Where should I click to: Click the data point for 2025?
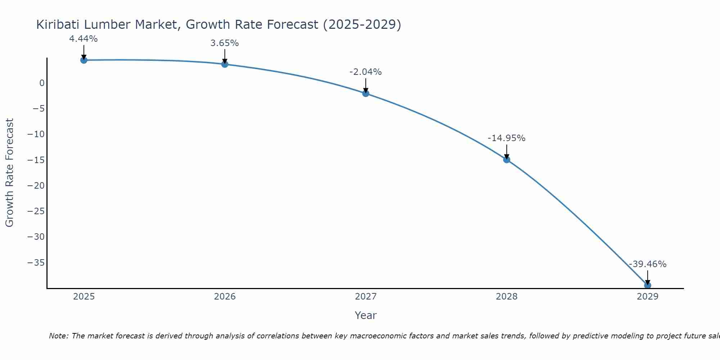tap(84, 60)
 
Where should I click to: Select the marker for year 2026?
tap(225, 64)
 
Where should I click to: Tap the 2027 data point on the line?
tap(366, 94)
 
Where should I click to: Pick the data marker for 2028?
tap(507, 160)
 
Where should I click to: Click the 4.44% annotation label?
tap(84, 39)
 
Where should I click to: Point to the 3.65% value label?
tap(225, 43)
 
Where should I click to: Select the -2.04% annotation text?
tap(365, 72)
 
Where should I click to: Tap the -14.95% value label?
tap(507, 138)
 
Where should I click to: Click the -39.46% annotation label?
tap(648, 264)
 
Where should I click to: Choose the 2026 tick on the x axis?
tap(225, 297)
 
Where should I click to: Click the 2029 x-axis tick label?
tap(648, 297)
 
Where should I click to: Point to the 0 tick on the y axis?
tap(42, 83)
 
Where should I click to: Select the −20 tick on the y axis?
tap(36, 186)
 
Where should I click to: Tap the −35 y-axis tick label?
tap(36, 263)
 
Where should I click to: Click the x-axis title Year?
tap(365, 315)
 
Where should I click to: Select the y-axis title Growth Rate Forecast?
tap(9, 173)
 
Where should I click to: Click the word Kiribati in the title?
tap(58, 24)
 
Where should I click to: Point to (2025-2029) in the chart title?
tap(362, 24)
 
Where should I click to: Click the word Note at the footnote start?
tap(58, 336)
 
